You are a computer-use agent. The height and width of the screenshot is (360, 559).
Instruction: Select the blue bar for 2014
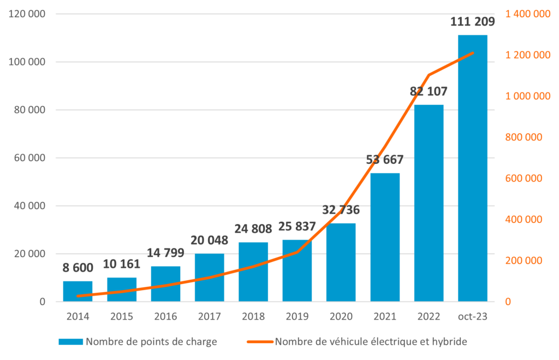point(78,291)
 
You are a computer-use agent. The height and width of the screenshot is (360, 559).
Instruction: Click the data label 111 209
point(472,22)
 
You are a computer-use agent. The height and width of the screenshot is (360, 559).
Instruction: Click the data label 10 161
point(121,264)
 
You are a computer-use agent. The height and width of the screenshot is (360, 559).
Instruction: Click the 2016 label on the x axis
point(165,316)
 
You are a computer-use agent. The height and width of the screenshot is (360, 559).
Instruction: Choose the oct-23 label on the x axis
point(473,316)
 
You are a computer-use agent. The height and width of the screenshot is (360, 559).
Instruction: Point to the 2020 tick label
point(341,316)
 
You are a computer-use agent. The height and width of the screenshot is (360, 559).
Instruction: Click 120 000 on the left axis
point(27,14)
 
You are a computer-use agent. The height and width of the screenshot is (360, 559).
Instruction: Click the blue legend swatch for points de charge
point(71,342)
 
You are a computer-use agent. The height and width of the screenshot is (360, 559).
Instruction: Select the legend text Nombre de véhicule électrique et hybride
point(371,342)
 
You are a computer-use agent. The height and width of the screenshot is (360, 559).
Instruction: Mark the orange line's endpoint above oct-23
point(473,52)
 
